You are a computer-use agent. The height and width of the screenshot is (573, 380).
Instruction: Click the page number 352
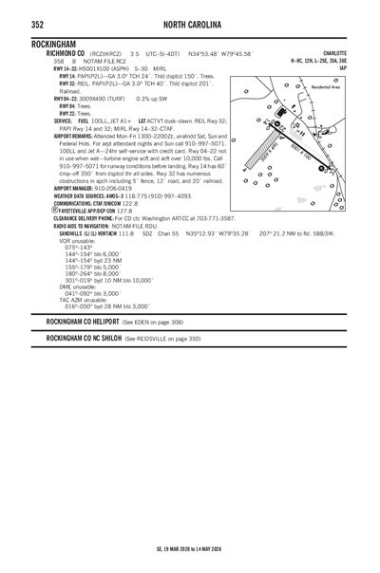coord(42,23)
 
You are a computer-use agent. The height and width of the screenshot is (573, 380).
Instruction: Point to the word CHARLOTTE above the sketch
coord(334,54)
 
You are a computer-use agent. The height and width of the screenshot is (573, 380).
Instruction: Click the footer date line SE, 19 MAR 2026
coord(190,548)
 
